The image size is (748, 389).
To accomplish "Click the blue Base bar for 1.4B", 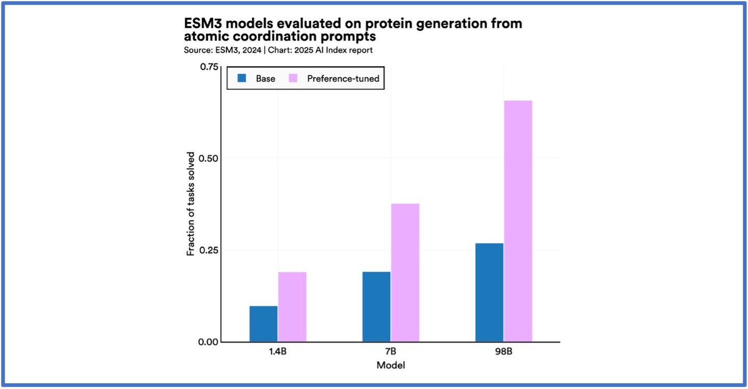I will pos(264,323).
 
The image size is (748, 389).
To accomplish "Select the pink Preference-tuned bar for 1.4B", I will pos(292,306).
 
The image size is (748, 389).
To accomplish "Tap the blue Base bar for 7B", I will pos(376,306).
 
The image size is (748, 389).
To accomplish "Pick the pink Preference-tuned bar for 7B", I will pos(405,272).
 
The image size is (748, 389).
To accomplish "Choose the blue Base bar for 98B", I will pos(489,292).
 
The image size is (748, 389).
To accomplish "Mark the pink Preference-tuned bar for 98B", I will pos(518,221).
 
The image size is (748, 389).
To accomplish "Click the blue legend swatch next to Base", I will pos(242,78).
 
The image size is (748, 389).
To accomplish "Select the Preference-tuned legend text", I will pos(343,79).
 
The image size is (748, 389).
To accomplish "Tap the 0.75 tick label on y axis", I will pos(209,67).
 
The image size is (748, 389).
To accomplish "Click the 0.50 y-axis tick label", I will pos(209,158).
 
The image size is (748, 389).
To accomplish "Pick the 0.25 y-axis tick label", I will pos(209,250).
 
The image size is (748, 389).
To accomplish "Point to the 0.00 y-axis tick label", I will pos(209,342).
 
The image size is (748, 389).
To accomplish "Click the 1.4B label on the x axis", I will pos(278,353).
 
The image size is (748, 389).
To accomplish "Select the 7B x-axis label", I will pos(391,353).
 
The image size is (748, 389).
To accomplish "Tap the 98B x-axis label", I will pos(504,353).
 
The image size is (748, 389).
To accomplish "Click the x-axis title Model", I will pos(391,366).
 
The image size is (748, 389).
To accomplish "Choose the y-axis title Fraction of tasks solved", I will pos(191,204).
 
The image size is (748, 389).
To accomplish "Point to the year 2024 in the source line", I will pos(252,50).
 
